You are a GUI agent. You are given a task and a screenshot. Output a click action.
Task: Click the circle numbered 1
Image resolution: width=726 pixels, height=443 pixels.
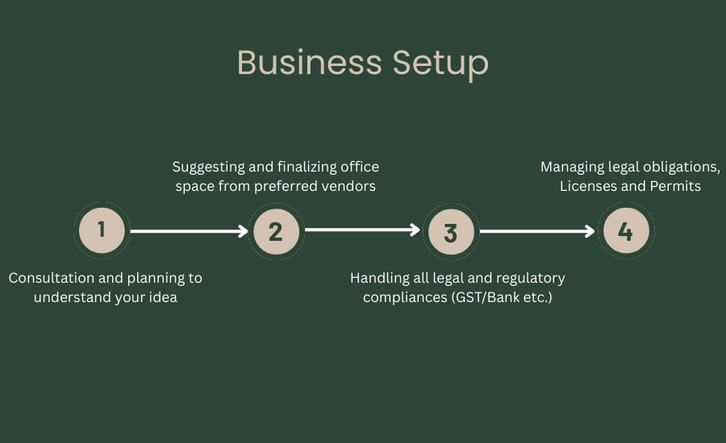point(102,231)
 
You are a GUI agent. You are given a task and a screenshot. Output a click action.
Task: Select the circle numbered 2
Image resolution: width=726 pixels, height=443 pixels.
point(276,232)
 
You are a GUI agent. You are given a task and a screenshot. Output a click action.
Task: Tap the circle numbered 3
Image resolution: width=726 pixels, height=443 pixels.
point(450,232)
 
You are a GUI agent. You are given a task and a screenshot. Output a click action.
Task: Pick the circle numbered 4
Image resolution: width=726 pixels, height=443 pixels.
point(625,232)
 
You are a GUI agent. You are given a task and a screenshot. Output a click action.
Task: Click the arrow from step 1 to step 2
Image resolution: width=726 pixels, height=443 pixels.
point(189,232)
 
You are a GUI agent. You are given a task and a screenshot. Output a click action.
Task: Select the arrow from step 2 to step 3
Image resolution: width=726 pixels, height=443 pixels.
point(363,230)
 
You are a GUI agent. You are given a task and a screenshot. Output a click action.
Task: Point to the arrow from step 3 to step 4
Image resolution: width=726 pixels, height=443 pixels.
point(537,232)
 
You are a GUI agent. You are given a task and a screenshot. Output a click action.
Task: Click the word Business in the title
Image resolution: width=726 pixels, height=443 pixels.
point(309,63)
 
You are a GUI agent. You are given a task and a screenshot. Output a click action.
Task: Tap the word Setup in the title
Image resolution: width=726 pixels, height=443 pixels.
point(440,64)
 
